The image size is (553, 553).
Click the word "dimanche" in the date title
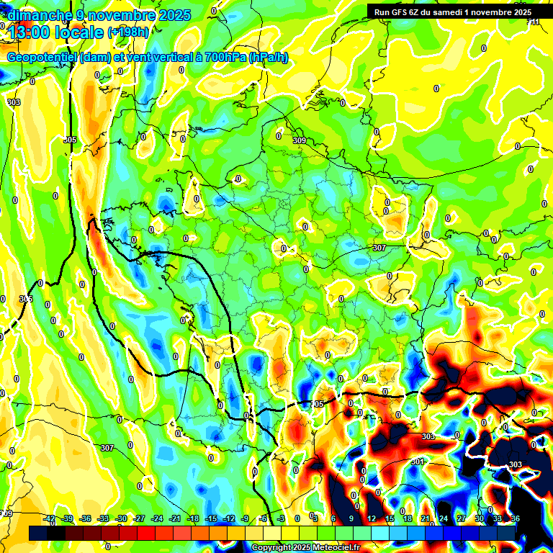[x=38, y=15]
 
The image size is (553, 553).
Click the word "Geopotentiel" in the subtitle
[x=41, y=58]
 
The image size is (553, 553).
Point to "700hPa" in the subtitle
[x=225, y=58]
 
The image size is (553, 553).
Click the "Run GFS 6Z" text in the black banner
[x=398, y=12]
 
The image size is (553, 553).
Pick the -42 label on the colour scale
[x=50, y=518]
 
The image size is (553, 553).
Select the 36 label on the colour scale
[x=516, y=518]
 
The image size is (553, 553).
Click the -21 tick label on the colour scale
[x=175, y=518]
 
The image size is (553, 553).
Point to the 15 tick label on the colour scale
[x=390, y=518]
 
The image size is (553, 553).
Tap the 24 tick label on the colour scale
[x=444, y=518]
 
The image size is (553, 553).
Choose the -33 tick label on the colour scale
[x=103, y=518]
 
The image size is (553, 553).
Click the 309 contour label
[x=299, y=140]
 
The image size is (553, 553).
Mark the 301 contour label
[x=418, y=462]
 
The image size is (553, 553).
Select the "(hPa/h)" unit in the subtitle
[x=268, y=58]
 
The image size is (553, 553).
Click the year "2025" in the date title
[x=174, y=15]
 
